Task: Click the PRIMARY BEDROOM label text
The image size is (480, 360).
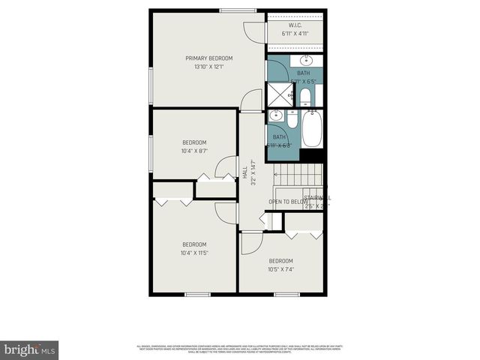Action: point(209,58)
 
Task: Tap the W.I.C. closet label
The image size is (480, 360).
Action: point(295,25)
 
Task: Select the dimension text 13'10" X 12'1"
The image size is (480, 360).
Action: point(209,67)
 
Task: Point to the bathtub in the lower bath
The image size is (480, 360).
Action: point(311,129)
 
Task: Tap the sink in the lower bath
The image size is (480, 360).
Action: point(276,115)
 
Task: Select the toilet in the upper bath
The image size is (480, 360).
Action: point(305,96)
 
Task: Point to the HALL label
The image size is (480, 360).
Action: point(245,172)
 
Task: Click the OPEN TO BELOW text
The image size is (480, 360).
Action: point(289,201)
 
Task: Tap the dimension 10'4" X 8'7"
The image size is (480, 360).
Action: point(194,151)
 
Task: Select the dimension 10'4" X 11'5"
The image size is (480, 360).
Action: point(194,253)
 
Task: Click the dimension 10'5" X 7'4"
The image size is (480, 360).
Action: point(281,269)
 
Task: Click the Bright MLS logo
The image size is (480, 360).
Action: point(30,349)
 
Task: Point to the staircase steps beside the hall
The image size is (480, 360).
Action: point(299,175)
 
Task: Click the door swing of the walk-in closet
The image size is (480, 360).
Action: point(256,31)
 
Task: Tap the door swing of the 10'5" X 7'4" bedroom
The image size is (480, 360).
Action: point(250,242)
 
